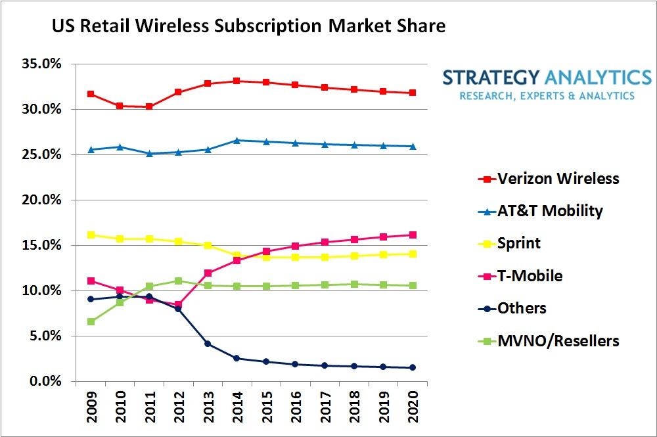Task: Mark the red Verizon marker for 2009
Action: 91,94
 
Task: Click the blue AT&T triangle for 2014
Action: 237,140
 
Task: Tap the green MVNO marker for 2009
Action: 91,322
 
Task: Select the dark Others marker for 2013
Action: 208,344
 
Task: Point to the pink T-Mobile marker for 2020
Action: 412,235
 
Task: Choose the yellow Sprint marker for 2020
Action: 412,254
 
